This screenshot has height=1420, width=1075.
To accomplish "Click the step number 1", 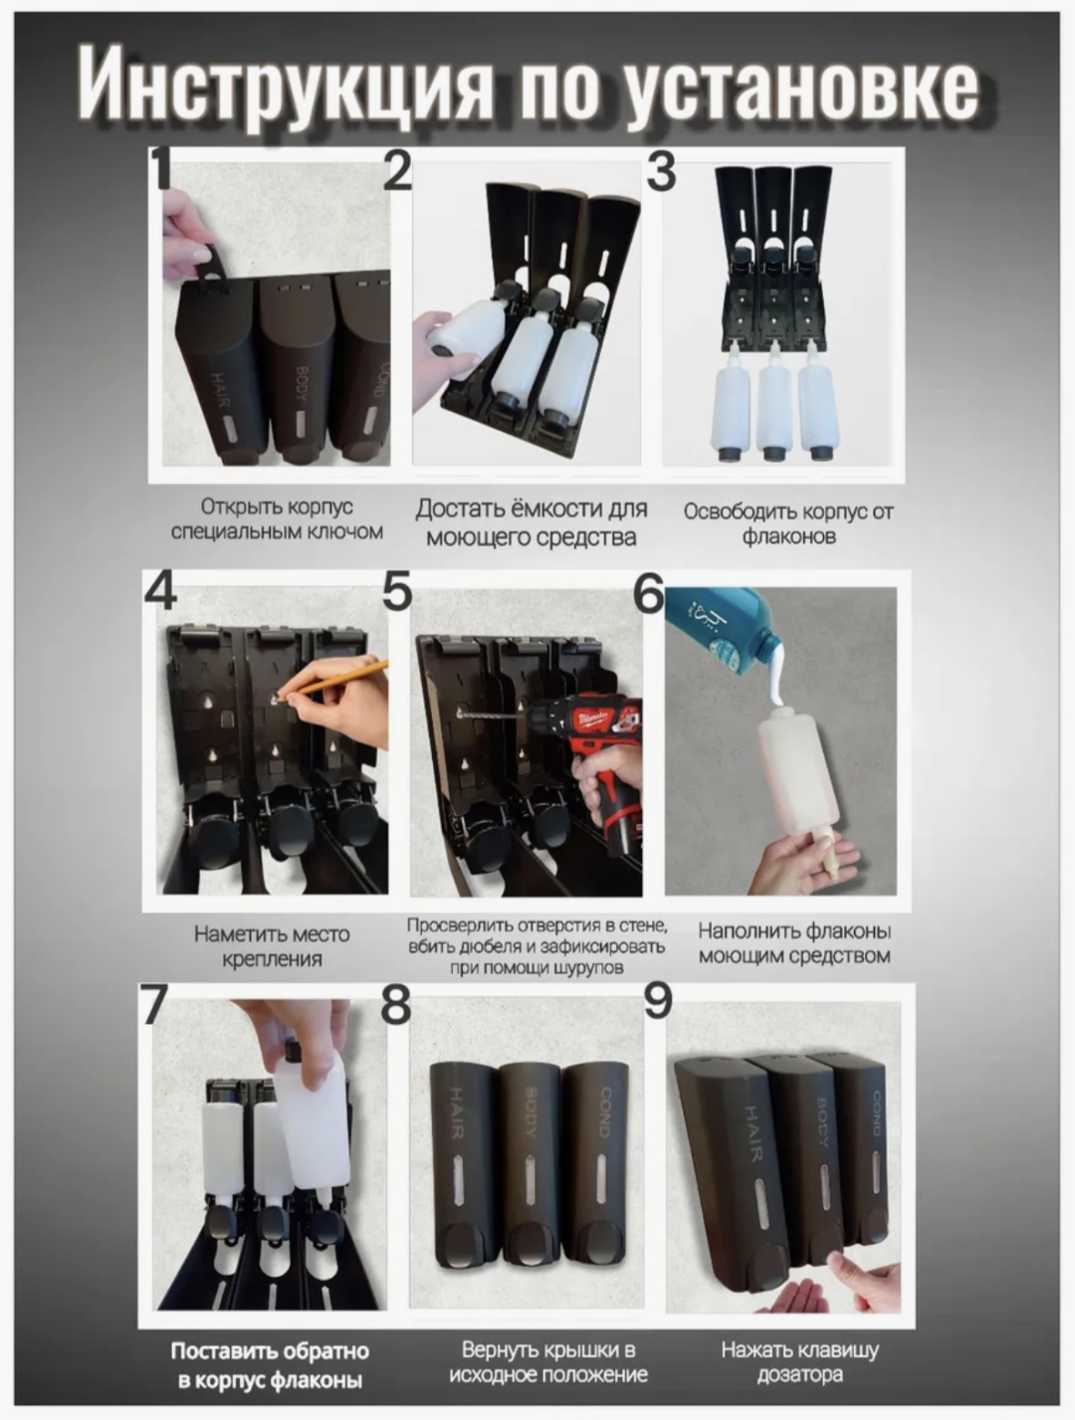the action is coord(160,169).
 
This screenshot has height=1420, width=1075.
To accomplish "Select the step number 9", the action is coord(658,1001).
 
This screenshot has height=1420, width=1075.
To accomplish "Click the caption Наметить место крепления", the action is coord(272,946).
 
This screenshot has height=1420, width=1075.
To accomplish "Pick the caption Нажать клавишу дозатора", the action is coord(800,1361).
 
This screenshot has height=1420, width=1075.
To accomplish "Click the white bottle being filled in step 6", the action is coord(799,771).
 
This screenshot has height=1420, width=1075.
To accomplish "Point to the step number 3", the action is coord(660,171).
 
